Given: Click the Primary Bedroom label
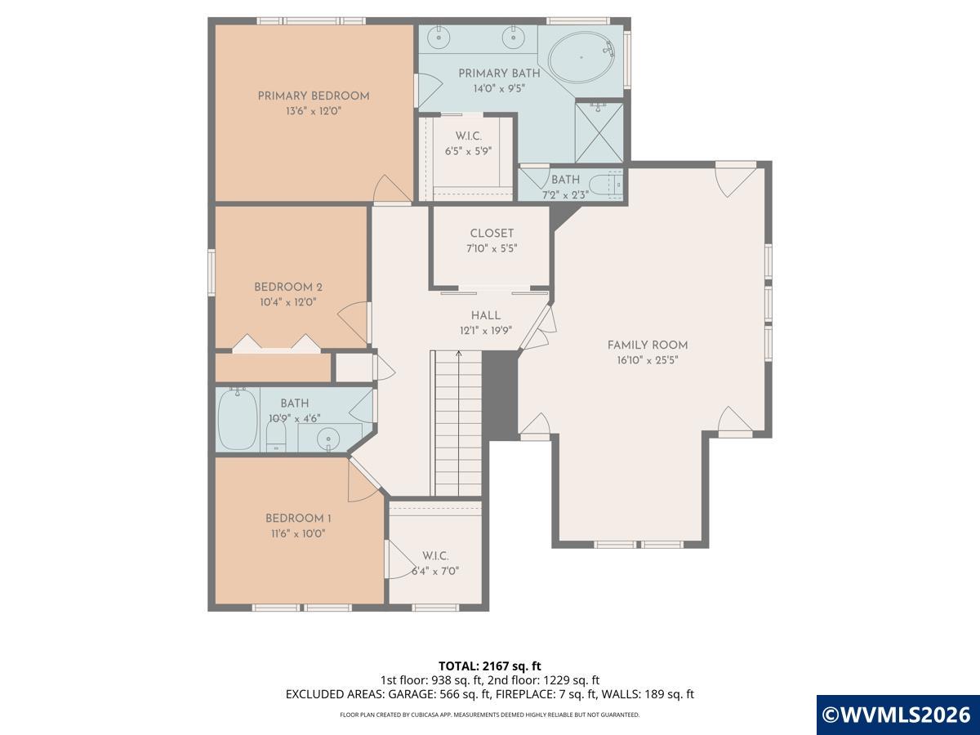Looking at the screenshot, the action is click(314, 96).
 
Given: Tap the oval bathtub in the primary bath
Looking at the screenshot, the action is click(581, 58).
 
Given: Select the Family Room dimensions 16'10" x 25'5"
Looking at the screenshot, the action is click(648, 360).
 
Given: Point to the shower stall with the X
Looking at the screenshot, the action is click(599, 132).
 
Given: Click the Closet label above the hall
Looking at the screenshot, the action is click(492, 234).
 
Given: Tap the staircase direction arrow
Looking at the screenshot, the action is click(458, 422).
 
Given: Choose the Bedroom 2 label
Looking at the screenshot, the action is click(288, 287).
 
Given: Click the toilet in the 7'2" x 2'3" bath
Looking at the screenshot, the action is click(606, 184).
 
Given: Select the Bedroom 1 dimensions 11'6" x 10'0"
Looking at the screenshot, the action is click(298, 533).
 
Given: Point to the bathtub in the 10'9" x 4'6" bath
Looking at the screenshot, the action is click(238, 419).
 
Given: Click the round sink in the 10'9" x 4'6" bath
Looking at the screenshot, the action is click(328, 439).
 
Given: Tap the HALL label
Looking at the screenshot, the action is click(486, 315).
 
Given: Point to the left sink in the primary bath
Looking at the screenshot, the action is click(439, 38).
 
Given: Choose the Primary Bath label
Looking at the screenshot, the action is click(499, 73).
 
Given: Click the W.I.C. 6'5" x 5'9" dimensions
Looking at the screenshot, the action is click(468, 151).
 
